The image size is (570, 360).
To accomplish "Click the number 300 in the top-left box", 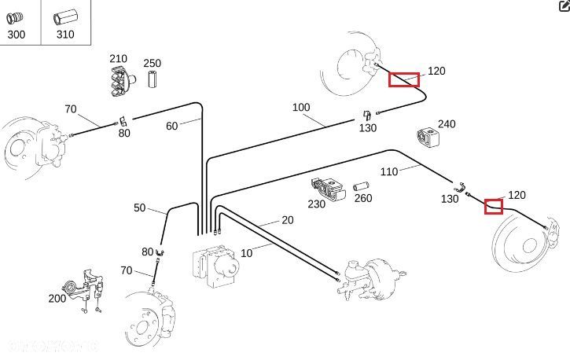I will click(x=16, y=35).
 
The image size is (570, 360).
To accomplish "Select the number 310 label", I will click(x=65, y=35).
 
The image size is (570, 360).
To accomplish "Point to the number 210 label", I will click(x=118, y=59).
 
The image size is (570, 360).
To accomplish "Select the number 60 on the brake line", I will click(x=172, y=126).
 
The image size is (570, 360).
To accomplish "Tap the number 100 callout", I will click(x=301, y=107).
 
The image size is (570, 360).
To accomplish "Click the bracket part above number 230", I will click(x=329, y=189).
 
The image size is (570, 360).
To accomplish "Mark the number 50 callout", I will click(x=140, y=208).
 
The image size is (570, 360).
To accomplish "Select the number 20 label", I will click(x=288, y=221).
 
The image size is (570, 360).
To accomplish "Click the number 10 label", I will click(x=247, y=252).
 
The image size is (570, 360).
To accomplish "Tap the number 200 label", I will click(x=57, y=299).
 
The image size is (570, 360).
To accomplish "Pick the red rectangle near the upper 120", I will click(x=404, y=79).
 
